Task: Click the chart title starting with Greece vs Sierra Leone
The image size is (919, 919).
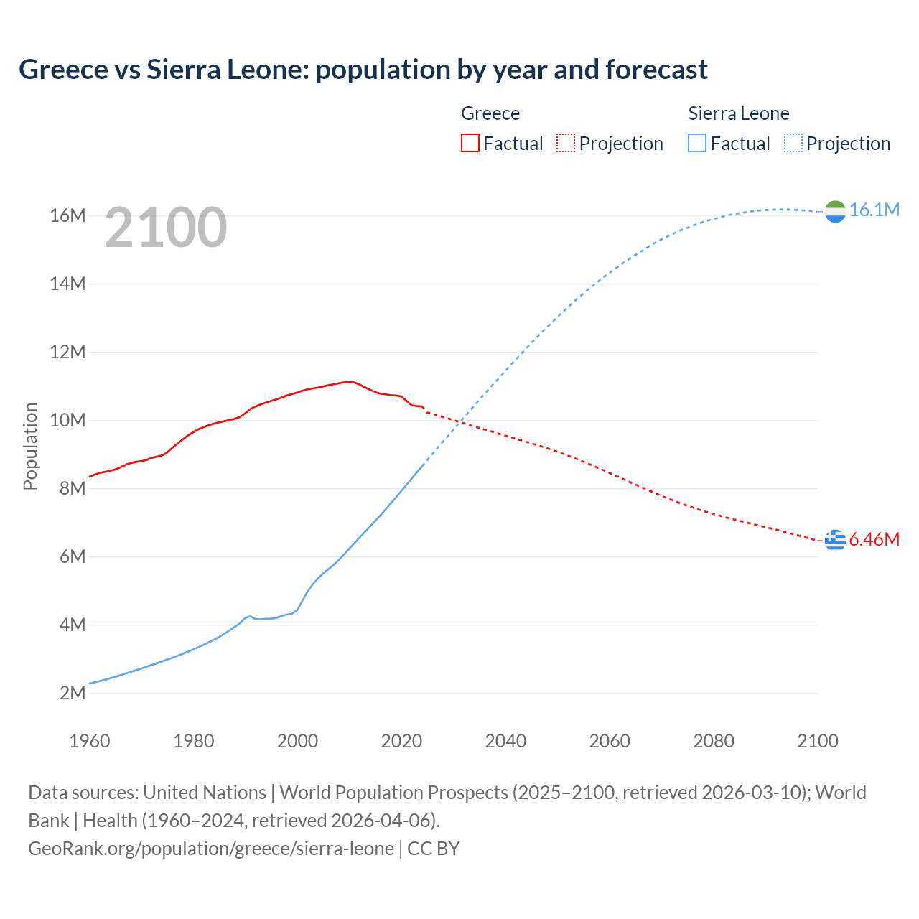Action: tap(363, 70)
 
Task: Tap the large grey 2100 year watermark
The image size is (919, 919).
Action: tap(166, 228)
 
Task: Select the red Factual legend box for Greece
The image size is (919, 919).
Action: tap(470, 143)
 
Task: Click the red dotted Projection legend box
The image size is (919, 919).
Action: tap(566, 143)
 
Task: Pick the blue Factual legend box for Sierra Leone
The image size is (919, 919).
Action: tap(697, 143)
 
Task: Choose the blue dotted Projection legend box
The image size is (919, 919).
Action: tap(793, 143)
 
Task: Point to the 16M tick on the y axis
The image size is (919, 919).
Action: tap(67, 215)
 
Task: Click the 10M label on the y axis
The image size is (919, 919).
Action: tap(67, 420)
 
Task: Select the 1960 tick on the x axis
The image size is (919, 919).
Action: tap(90, 741)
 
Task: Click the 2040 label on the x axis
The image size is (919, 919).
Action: tap(505, 741)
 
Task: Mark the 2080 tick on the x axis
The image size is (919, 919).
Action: tap(714, 741)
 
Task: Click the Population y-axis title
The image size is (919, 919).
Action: tap(30, 446)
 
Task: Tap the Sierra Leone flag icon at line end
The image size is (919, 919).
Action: tap(835, 211)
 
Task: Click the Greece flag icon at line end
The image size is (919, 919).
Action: tap(835, 539)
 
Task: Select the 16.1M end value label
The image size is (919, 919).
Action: tap(874, 210)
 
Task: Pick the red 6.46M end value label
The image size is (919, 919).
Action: tap(874, 539)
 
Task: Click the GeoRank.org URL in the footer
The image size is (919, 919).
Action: tap(210, 848)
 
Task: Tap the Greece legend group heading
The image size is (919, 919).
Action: tap(490, 113)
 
